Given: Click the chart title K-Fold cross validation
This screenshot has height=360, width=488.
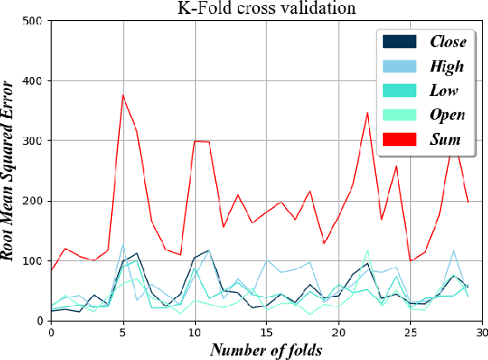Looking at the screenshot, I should (266, 10).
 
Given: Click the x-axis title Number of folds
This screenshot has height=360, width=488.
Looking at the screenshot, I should (266, 350).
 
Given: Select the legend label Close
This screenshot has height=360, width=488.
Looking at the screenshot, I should (447, 41).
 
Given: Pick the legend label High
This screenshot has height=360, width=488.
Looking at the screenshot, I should (447, 66).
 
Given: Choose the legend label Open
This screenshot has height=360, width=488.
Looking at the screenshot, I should (447, 114).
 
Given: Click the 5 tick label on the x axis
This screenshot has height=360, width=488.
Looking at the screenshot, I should (122, 332).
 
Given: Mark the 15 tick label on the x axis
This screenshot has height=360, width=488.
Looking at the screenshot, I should (267, 332).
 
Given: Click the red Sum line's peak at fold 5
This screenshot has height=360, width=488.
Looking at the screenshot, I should (122, 94).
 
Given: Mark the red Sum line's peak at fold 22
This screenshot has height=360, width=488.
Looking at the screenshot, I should (367, 112).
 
